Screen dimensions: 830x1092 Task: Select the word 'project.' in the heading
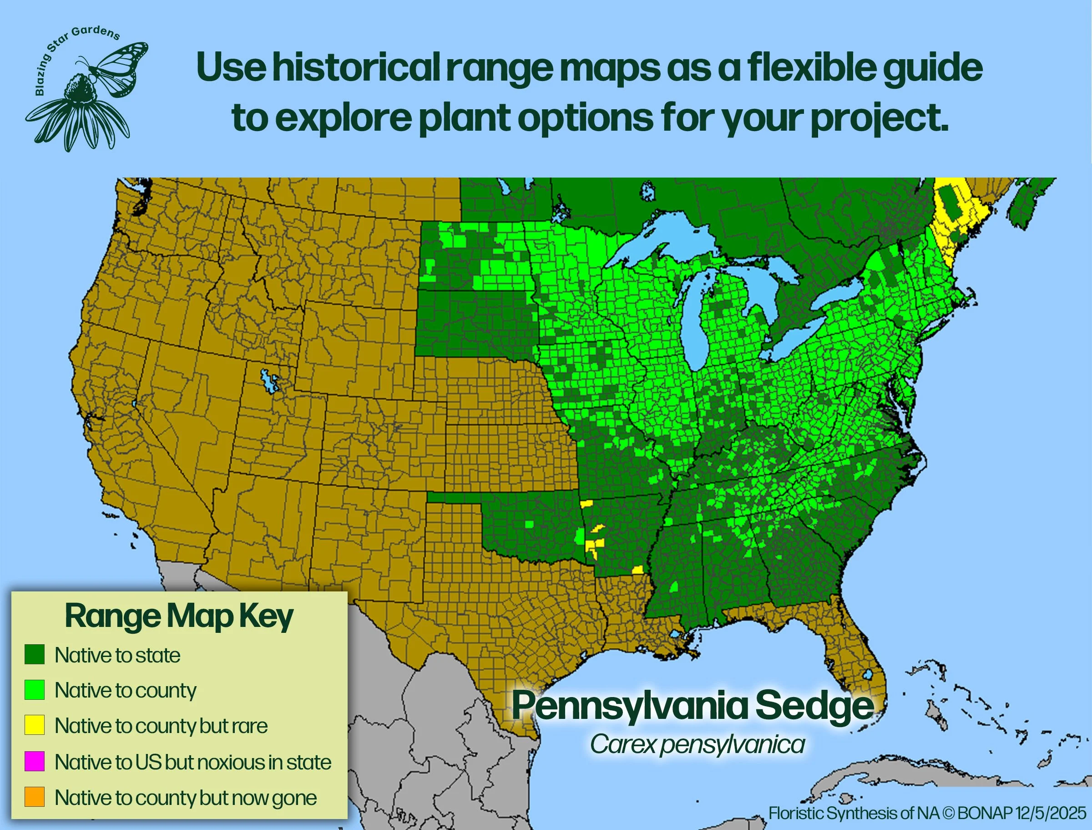pyautogui.click(x=879, y=118)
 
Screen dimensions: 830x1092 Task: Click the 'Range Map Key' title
pyautogui.click(x=179, y=616)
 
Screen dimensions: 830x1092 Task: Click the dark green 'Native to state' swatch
pyautogui.click(x=35, y=654)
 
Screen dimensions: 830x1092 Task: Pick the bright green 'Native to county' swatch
pyautogui.click(x=35, y=690)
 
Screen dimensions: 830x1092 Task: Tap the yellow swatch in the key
pyautogui.click(x=35, y=725)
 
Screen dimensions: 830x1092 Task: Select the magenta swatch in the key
pyautogui.click(x=35, y=761)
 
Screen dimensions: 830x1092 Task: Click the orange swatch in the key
pyautogui.click(x=35, y=797)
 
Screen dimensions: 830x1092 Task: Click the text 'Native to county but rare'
pyautogui.click(x=161, y=726)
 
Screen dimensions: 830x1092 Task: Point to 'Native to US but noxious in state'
pyautogui.click(x=192, y=762)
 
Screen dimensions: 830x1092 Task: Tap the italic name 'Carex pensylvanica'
pyautogui.click(x=697, y=744)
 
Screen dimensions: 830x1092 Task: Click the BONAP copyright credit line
pyautogui.click(x=927, y=813)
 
